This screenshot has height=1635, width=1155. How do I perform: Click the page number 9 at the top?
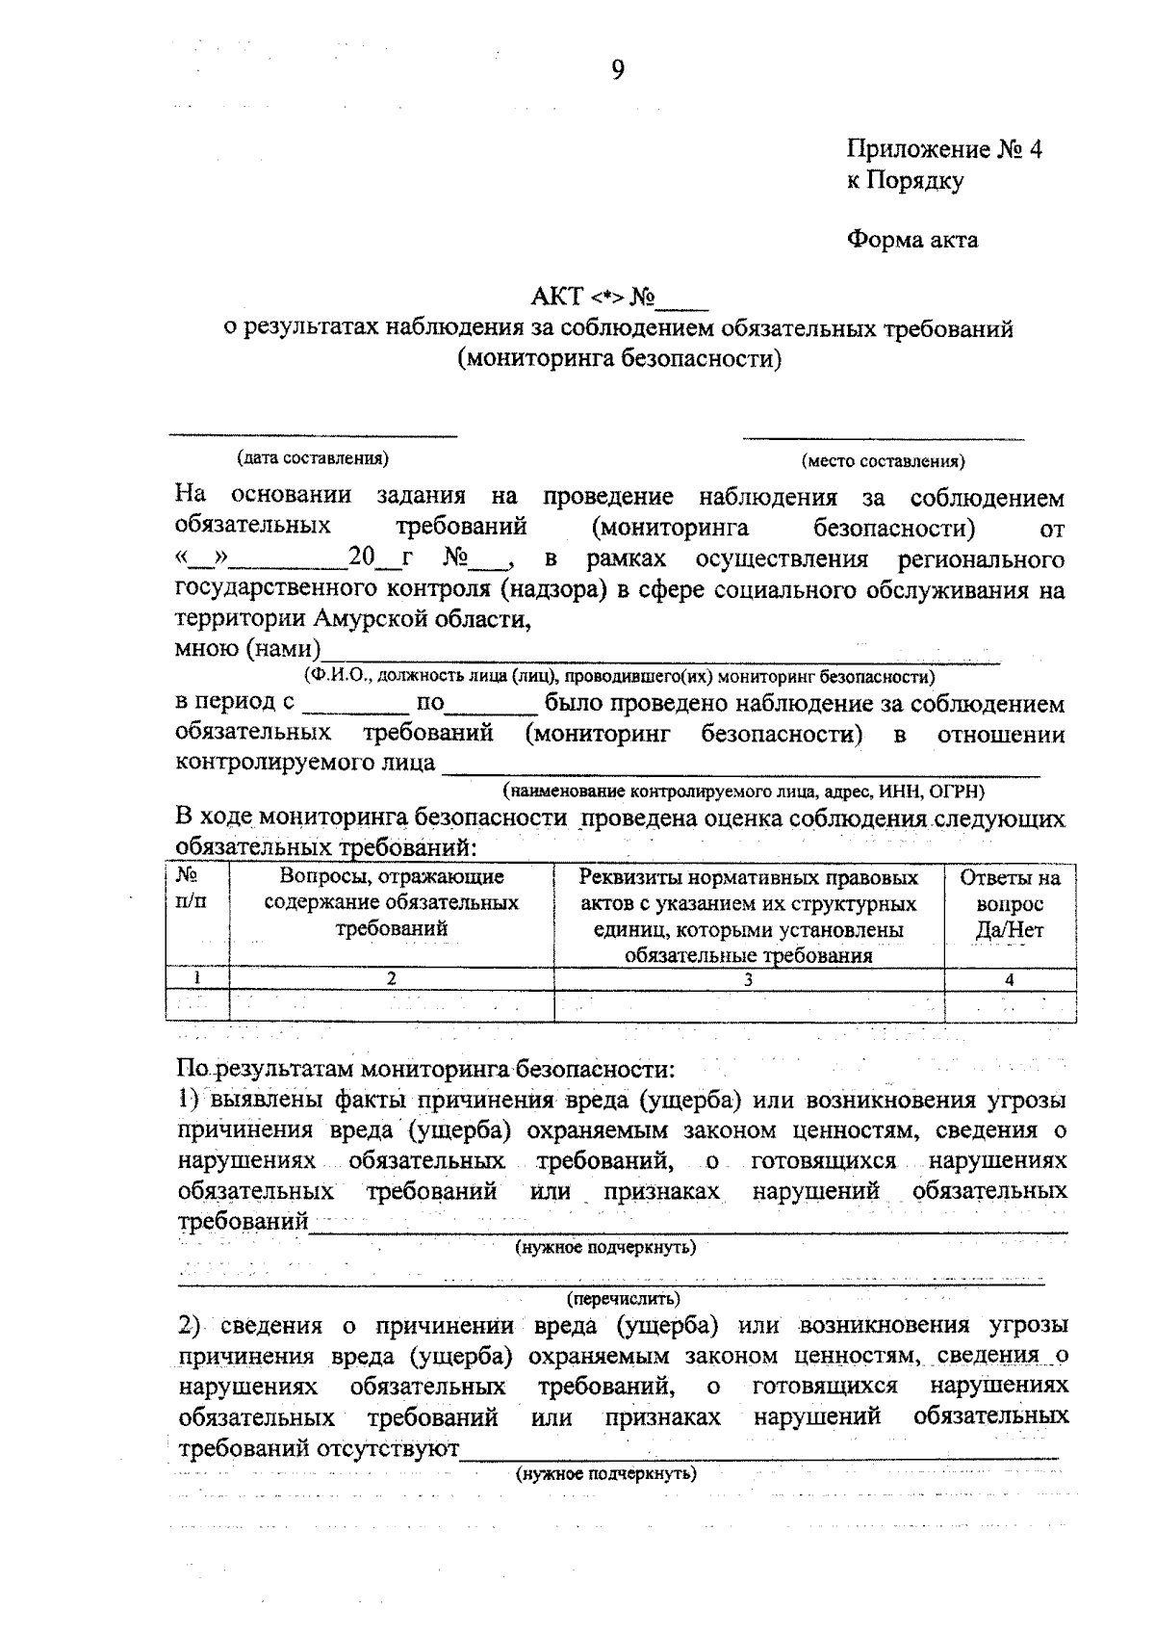617,69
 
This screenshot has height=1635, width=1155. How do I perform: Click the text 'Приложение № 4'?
943,149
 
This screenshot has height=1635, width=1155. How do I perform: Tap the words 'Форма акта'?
911,239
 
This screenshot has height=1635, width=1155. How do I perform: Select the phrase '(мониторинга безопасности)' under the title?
619,359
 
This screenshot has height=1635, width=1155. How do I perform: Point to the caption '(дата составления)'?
313,457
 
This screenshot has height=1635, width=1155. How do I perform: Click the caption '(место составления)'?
883,461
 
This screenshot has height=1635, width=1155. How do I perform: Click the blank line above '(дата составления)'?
313,435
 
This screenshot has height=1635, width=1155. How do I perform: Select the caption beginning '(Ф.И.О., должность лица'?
619,676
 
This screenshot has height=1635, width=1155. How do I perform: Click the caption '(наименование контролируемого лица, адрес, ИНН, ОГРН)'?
743,792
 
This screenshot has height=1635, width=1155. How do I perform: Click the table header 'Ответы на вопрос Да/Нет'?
1009,904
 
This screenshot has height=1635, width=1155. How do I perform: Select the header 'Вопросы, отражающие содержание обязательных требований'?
391,903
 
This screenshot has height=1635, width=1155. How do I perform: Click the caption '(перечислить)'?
623,1298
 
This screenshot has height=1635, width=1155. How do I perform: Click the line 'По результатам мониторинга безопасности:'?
427,1069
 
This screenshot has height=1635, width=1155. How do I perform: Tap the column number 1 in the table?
197,978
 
